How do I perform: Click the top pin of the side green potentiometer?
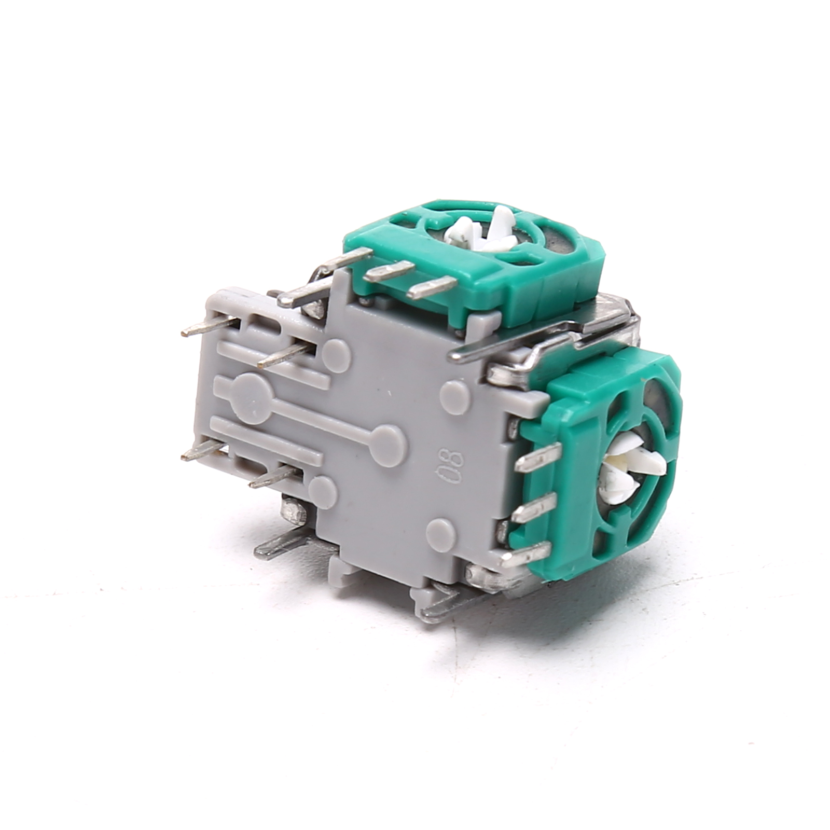point(538,457)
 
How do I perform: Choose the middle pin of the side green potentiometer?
point(534,507)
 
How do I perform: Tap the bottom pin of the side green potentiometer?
point(524,554)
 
